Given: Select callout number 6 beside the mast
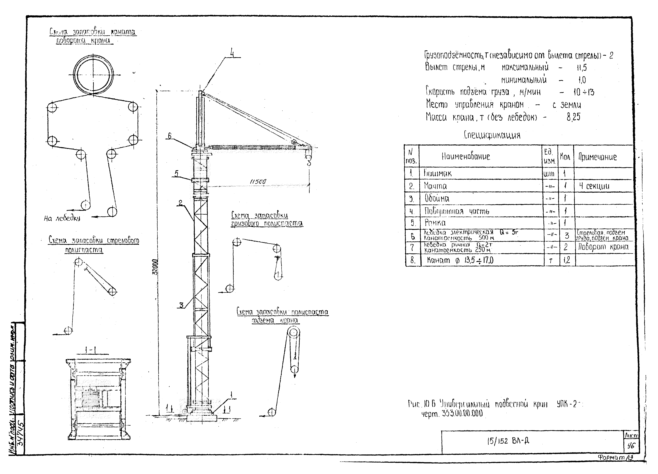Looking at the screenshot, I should pos(170,136).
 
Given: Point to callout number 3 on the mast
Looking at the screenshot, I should pos(181,305).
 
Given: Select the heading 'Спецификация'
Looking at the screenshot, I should pos(492,135).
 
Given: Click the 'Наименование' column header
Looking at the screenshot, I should pos(466,157).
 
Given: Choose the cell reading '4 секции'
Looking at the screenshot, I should pos(594,186).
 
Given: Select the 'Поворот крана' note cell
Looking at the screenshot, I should pos(603,247).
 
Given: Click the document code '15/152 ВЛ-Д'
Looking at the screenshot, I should pos(508,441).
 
